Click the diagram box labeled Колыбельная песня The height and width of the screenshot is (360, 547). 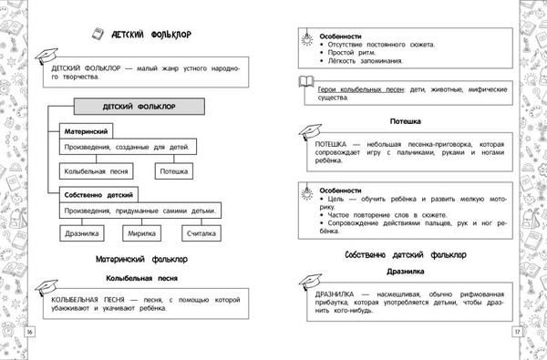tap(98, 170)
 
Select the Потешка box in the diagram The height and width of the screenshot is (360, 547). tap(175, 170)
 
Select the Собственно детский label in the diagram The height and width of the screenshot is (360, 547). tap(98, 194)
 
